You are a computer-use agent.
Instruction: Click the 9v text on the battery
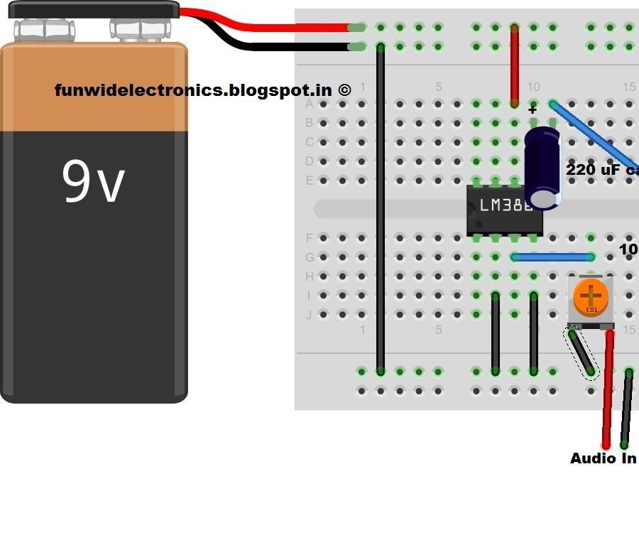93,181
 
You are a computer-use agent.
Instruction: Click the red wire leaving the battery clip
284,28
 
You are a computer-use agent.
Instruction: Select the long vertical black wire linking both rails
381,213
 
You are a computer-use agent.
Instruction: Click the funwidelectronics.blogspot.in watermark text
202,90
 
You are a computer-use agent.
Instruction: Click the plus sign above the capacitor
532,109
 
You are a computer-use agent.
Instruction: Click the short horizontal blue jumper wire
552,257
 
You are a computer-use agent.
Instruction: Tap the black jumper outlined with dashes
581,352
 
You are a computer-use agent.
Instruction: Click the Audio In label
603,458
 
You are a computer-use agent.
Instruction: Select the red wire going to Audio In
608,391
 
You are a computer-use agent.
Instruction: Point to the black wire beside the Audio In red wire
626,409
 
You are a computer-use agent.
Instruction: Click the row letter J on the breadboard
309,315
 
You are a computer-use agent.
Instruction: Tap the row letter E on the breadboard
309,181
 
